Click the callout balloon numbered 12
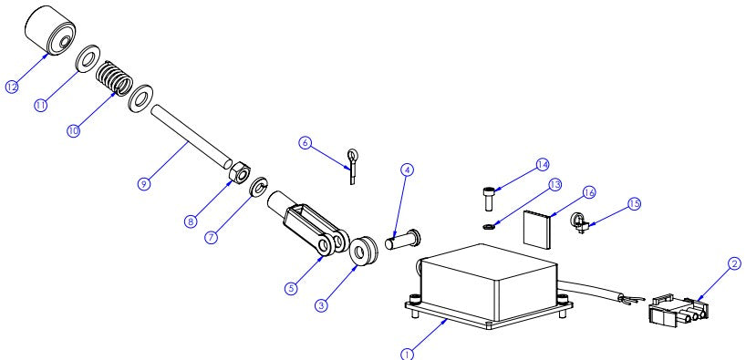[12, 87]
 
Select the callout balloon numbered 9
[143, 183]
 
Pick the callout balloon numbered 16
[588, 192]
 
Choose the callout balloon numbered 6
[306, 142]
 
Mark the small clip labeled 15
[577, 221]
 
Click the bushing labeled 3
[365, 249]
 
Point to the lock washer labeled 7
[258, 189]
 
